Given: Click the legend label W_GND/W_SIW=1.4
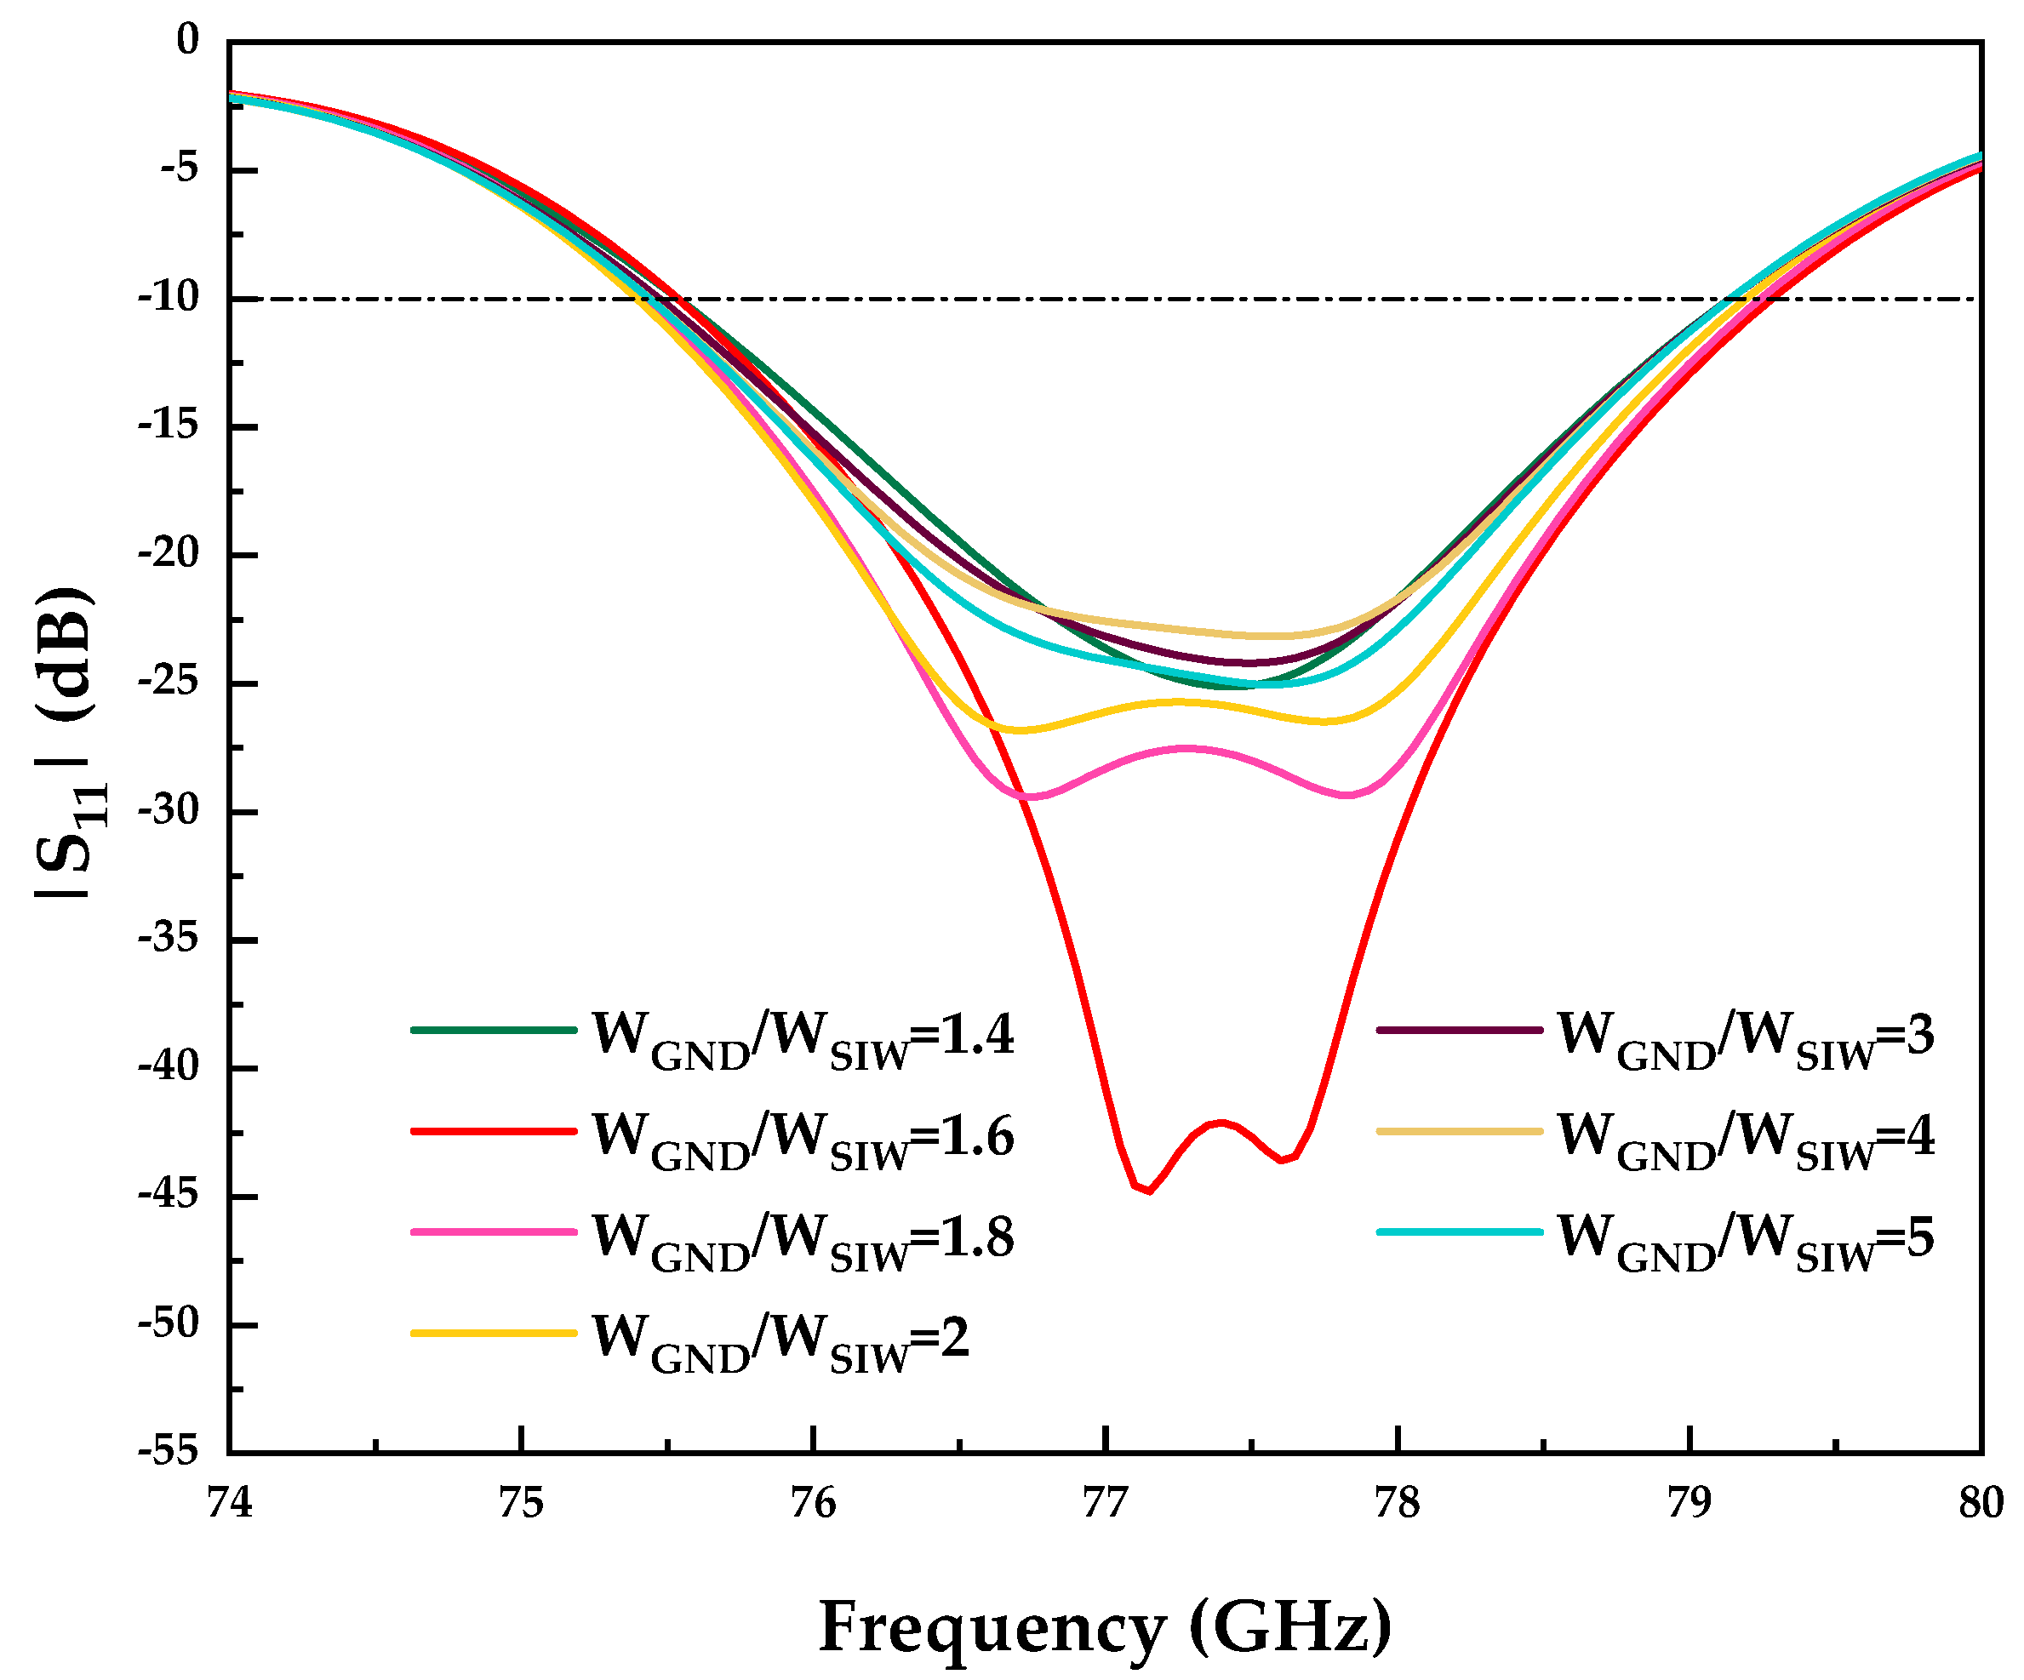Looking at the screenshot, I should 802,1038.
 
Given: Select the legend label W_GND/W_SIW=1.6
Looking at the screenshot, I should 802,1139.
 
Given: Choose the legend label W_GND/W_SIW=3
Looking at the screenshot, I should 1746,1038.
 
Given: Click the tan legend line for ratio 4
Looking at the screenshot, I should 1459,1130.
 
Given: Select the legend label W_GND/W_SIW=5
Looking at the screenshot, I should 1746,1239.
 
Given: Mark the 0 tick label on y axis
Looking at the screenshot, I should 187,41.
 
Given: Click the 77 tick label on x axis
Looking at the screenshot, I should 1105,1504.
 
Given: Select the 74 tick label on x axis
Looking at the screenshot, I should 230,1504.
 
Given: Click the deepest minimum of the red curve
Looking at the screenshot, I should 1149,1191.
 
